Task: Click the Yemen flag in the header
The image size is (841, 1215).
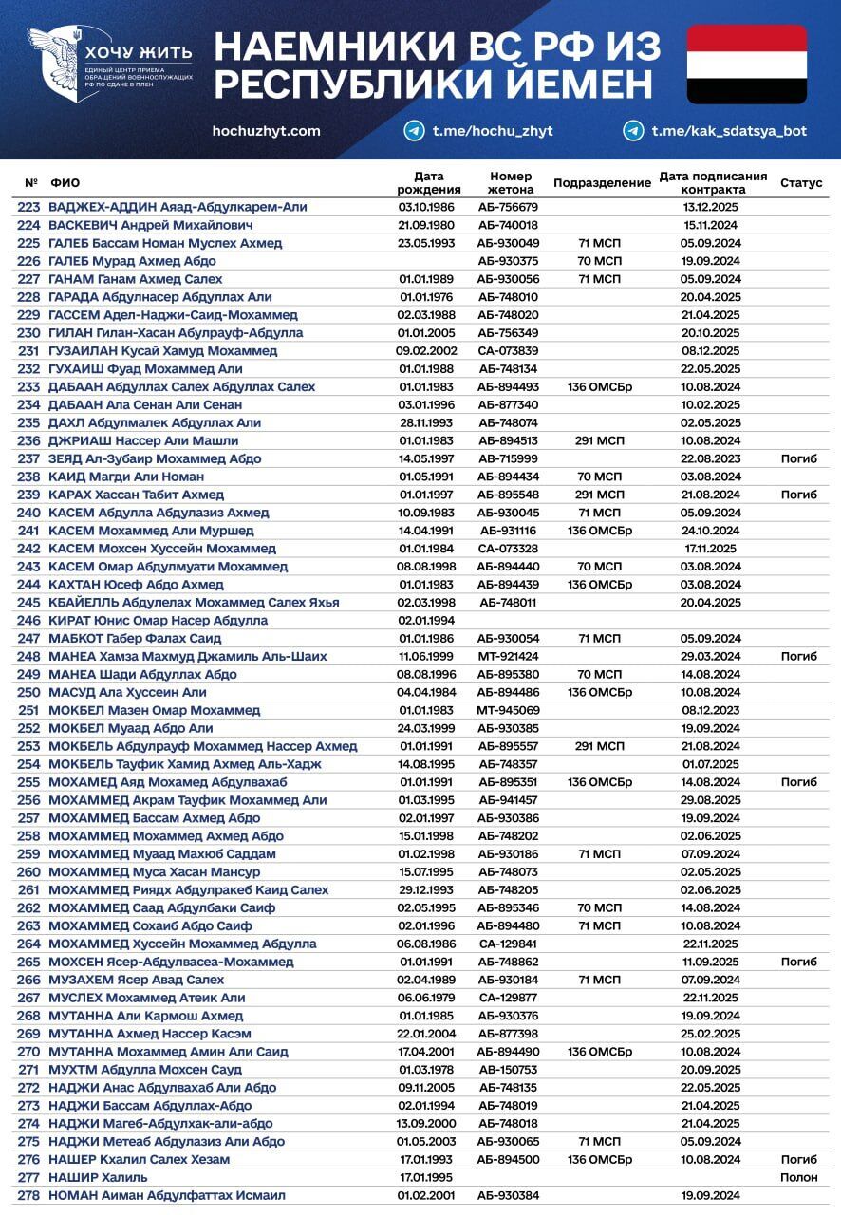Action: coord(747,64)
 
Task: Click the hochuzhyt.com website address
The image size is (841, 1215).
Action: coord(267,131)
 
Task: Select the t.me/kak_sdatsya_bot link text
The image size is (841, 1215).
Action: coord(729,131)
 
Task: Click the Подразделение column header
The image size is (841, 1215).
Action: coord(602,182)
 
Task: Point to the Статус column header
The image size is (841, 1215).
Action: coord(801,182)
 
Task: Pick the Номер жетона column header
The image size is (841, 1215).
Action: coord(511,182)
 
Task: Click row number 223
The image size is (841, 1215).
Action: coord(28,207)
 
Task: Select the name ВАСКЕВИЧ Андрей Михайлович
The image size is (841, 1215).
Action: coord(151,225)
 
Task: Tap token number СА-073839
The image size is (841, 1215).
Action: coord(508,351)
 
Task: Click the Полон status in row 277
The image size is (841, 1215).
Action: coord(798,1177)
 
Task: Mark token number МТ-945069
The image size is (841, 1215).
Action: coord(508,711)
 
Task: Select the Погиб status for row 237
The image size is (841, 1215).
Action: coord(798,458)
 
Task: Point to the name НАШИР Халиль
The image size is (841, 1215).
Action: coord(98,1177)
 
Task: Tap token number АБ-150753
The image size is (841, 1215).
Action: coord(508,1070)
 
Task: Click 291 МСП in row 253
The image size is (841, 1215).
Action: coord(600,747)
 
